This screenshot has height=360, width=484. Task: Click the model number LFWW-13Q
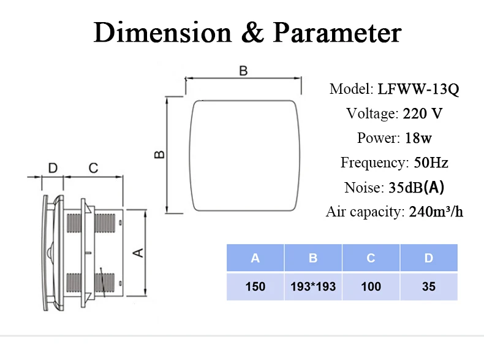click(x=418, y=89)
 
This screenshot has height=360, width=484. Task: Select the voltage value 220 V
click(x=423, y=113)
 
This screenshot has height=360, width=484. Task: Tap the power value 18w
click(x=418, y=138)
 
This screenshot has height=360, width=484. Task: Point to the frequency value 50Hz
click(x=431, y=163)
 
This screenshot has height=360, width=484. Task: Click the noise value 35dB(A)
click(x=416, y=187)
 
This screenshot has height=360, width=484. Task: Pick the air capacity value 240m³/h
click(x=436, y=212)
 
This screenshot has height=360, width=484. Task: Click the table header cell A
click(x=255, y=258)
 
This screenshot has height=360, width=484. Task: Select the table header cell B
click(x=313, y=258)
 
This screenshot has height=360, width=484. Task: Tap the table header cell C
click(x=371, y=258)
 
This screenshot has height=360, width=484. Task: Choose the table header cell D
click(x=429, y=258)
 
